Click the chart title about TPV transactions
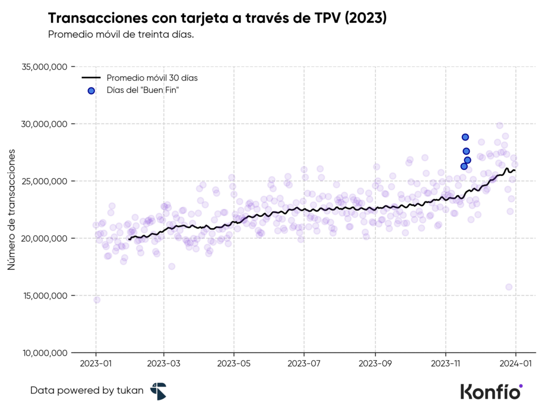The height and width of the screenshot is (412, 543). pyautogui.click(x=217, y=18)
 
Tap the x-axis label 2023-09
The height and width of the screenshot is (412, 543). pyautogui.click(x=375, y=364)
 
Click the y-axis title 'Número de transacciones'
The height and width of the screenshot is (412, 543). pyautogui.click(x=11, y=209)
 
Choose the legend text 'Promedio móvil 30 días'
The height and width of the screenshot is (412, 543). pyautogui.click(x=152, y=78)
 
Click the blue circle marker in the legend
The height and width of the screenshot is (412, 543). pyautogui.click(x=91, y=91)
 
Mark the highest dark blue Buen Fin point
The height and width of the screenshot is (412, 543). pyautogui.click(x=465, y=137)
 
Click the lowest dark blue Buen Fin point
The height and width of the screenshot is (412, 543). pyautogui.click(x=464, y=166)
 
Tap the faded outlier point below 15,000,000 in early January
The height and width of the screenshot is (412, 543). pyautogui.click(x=97, y=300)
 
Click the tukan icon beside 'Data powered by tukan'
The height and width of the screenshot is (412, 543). pyautogui.click(x=158, y=391)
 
